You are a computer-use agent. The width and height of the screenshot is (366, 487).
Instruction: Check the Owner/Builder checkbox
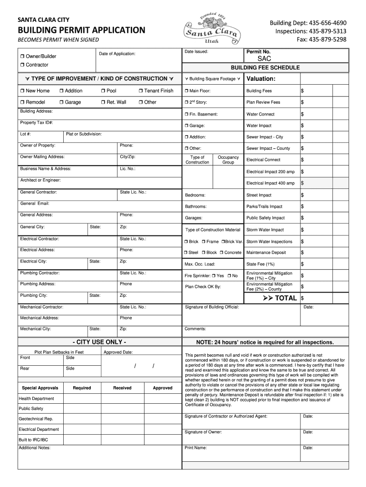22,57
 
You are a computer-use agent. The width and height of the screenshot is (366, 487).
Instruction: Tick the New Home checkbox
22,91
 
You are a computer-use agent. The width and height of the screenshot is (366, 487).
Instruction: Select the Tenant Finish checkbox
141,91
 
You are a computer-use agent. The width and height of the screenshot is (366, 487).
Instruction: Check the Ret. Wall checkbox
103,102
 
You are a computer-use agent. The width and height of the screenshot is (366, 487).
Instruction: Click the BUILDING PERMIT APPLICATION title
81,30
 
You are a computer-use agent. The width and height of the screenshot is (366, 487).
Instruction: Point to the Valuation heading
261,79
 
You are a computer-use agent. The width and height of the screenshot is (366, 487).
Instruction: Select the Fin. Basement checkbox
186,115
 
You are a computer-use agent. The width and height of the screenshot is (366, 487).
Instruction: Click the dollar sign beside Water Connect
302,114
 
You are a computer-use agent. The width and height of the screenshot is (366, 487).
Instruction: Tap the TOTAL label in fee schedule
286,298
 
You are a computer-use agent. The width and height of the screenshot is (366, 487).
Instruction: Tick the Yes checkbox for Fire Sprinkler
214,276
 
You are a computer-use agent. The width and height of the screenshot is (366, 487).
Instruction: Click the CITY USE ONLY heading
99,342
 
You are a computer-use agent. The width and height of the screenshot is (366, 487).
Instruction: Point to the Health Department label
36,399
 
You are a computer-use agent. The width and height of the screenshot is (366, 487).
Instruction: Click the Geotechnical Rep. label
36,419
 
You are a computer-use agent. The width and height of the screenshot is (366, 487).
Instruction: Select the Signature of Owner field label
203,432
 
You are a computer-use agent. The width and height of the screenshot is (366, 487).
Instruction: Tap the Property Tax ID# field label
36,123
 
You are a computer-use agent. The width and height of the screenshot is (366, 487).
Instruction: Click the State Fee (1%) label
260,264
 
